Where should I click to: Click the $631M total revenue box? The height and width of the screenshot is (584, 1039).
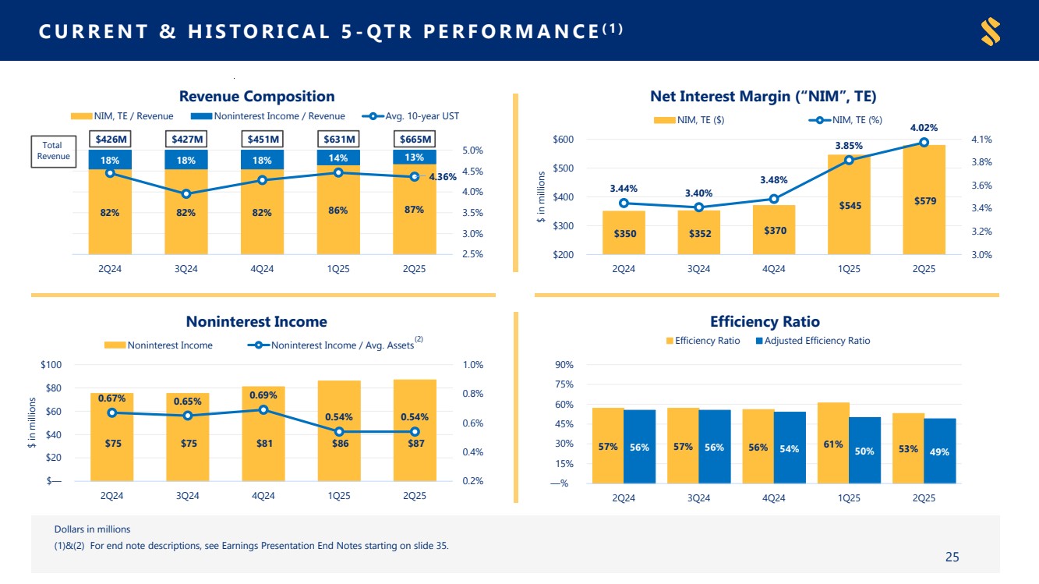[339, 140]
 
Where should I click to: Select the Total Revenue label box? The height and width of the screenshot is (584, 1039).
[54, 150]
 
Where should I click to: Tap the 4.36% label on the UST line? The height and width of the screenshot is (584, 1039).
[442, 177]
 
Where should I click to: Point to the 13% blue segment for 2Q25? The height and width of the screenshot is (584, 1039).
[414, 157]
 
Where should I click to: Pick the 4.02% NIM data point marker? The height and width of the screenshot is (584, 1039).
[924, 142]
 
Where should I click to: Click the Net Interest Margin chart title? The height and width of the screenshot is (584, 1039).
[762, 97]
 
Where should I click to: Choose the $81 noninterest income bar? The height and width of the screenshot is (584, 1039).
[263, 434]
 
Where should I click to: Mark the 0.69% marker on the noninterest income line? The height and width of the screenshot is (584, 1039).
[263, 409]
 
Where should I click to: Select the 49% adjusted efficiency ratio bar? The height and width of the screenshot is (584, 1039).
[939, 451]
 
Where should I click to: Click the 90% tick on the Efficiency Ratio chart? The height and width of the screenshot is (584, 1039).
[565, 365]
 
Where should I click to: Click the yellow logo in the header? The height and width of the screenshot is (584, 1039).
[990, 31]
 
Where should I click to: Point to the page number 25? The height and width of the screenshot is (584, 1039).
[952, 557]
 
